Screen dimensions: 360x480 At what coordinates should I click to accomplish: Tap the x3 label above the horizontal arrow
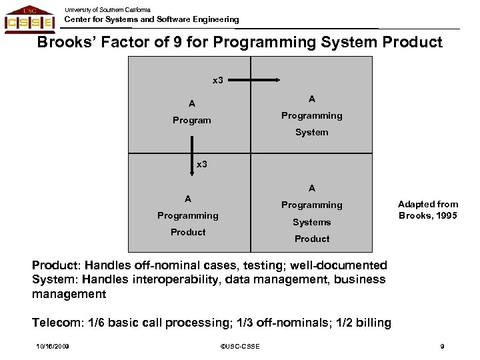tap(218, 81)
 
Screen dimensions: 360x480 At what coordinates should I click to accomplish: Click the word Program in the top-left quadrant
tap(191, 121)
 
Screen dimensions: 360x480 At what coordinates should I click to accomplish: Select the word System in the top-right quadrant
tap(311, 132)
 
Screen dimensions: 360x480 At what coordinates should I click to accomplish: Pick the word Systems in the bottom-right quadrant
tap(311, 222)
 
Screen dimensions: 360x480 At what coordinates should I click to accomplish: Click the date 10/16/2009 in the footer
tap(54, 345)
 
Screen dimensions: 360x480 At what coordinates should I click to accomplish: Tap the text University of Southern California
tap(107, 9)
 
